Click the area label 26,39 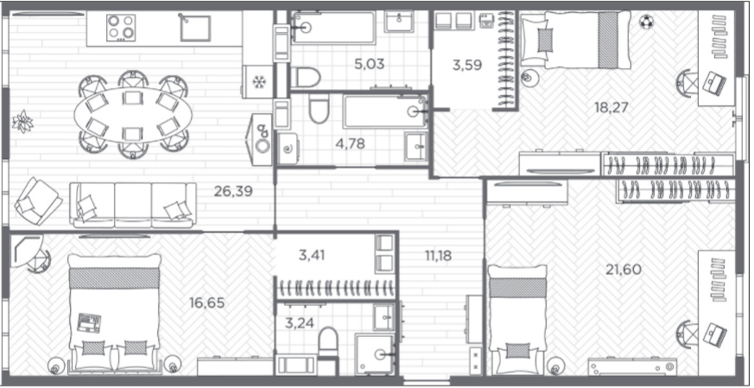pos(233,192)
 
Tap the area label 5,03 pos(369,64)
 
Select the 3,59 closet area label pos(467,65)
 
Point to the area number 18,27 pos(611,107)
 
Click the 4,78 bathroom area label pos(351,143)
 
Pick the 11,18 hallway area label pos(438,256)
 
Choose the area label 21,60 pos(624,270)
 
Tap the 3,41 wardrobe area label pos(312,255)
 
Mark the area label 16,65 pos(207,303)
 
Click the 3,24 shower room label pos(300,322)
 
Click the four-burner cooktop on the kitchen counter pos(121,28)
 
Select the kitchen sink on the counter pos(195,28)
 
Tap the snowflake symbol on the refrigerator pos(259,82)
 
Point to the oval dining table pos(133,115)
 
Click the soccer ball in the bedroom pos(647,22)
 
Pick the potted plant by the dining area pos(22,121)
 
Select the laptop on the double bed pos(90,322)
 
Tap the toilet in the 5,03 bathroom pos(306,77)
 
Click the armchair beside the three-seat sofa pos(38,201)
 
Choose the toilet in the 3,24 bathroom pos(328,342)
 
